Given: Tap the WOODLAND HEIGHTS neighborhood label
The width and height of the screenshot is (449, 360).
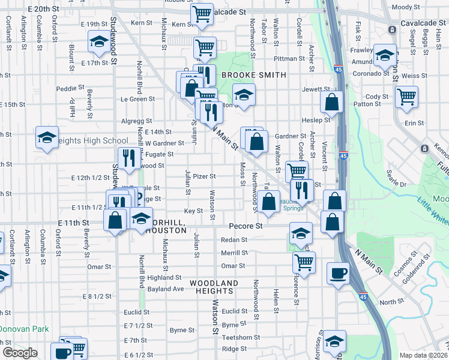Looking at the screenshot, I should click(214, 287).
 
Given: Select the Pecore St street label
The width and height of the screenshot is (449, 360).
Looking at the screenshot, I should click(246, 226).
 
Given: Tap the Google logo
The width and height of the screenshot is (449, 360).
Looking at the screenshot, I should click(20, 353).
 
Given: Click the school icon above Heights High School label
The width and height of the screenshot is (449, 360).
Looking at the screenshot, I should click(47, 137).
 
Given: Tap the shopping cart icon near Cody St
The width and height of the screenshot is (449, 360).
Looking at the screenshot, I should click(407, 95).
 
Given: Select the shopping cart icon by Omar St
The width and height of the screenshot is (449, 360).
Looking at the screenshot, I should click(304, 262).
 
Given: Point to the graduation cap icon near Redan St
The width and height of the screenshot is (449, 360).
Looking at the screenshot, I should click(301, 233).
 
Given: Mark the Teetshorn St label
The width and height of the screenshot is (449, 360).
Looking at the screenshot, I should click(241, 337).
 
